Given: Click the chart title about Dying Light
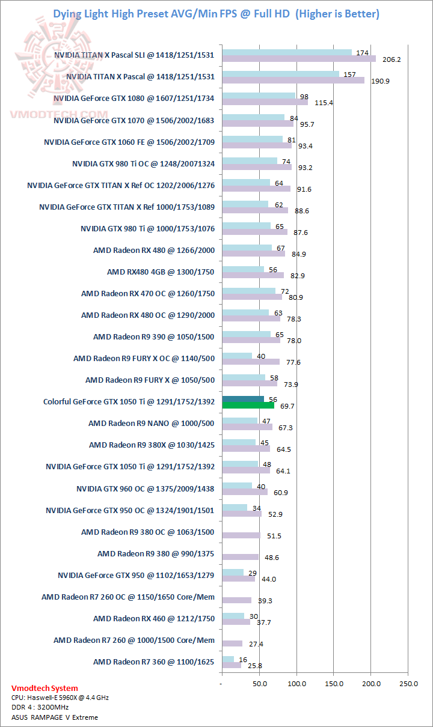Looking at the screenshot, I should pyautogui.click(x=216, y=13).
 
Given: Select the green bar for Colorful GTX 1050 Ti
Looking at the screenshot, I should pyautogui.click(x=248, y=406).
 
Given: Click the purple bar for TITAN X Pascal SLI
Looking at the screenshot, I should pyautogui.click(x=298, y=59).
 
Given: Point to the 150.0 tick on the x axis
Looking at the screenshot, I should pyautogui.click(x=334, y=683).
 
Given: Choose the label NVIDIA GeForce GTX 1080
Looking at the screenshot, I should pyautogui.click(x=134, y=98).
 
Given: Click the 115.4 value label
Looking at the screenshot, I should pyautogui.click(x=324, y=103).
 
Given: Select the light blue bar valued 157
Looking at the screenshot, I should pyautogui.click(x=280, y=74).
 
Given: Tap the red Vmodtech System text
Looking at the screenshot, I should pyautogui.click(x=45, y=689).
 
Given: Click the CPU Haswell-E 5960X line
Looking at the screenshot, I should pyautogui.click(x=60, y=698).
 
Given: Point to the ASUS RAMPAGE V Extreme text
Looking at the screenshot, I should pyautogui.click(x=55, y=717).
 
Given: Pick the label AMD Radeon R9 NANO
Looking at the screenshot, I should pyautogui.click(x=151, y=424).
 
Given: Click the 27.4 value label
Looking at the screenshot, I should pyautogui.click(x=256, y=644).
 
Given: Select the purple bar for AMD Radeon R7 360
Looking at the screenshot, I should pyautogui.click(x=232, y=665).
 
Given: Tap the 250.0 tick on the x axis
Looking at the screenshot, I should pyautogui.click(x=408, y=683).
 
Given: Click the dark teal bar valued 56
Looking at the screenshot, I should pyautogui.click(x=243, y=399).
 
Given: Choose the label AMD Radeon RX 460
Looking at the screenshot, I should pyautogui.click(x=153, y=619).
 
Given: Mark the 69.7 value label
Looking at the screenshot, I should pyautogui.click(x=288, y=407).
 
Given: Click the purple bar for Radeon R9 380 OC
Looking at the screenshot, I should pyautogui.click(x=241, y=535).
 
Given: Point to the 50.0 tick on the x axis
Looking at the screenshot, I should pyautogui.click(x=259, y=683).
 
